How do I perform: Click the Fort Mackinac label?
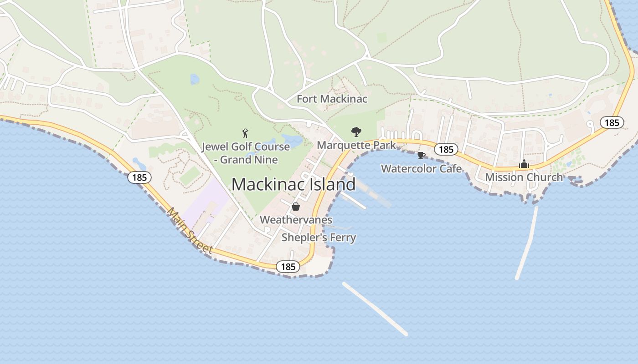point(332,99)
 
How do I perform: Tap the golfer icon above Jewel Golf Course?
point(246,133)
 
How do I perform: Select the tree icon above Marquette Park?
point(356,132)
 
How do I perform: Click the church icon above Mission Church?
point(524,164)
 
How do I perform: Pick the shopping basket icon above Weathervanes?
point(296,207)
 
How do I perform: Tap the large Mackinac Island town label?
point(293,184)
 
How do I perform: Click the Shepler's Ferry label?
point(319,238)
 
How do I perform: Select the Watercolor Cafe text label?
point(421,169)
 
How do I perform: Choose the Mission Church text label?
point(524,177)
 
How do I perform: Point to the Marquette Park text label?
point(356,145)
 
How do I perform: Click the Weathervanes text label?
point(296,220)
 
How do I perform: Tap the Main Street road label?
point(190,231)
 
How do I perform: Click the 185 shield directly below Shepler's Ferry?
point(288,267)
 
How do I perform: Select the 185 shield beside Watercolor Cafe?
point(446,149)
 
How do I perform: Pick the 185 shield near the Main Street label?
point(139,177)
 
